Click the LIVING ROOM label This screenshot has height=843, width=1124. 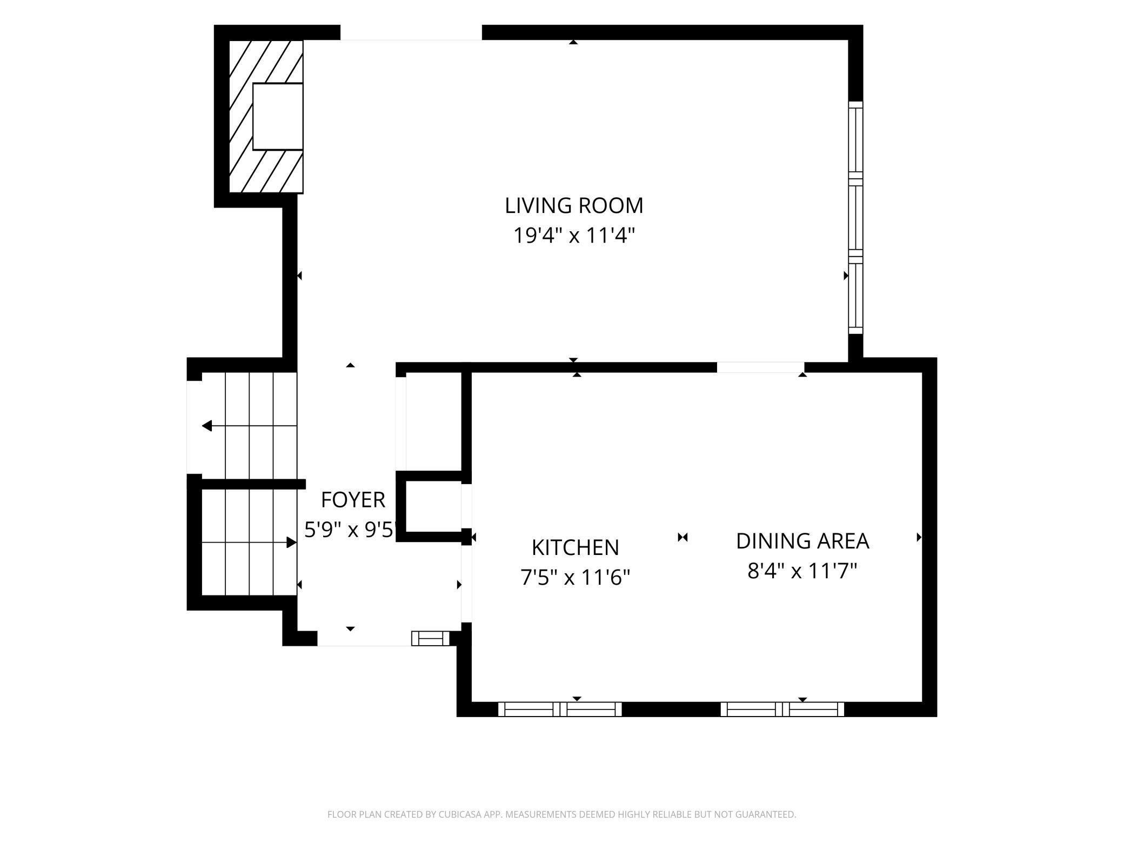click(x=574, y=205)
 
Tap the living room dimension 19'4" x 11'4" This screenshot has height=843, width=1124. click(x=573, y=236)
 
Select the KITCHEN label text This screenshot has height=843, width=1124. click(x=575, y=547)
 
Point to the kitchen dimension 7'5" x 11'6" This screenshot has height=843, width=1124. click(x=575, y=578)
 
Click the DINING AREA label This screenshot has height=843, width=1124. click(x=802, y=541)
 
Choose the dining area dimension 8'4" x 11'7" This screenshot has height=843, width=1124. click(x=802, y=571)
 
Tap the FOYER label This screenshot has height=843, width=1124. click(x=353, y=500)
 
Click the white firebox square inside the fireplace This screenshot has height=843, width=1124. click(x=278, y=116)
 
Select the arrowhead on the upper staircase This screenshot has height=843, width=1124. click(x=207, y=426)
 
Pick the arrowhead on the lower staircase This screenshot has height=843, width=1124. click(x=292, y=543)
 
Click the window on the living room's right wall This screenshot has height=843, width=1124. click(x=855, y=218)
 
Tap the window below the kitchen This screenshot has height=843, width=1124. click(x=560, y=709)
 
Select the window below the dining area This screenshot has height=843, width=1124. click(x=782, y=709)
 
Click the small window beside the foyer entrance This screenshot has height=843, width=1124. click(x=431, y=638)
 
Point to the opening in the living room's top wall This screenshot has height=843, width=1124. click(x=411, y=32)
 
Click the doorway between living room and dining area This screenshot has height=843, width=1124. click(x=760, y=367)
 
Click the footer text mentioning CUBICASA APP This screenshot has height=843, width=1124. click(x=562, y=814)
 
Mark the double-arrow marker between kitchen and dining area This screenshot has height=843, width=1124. click(x=683, y=537)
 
